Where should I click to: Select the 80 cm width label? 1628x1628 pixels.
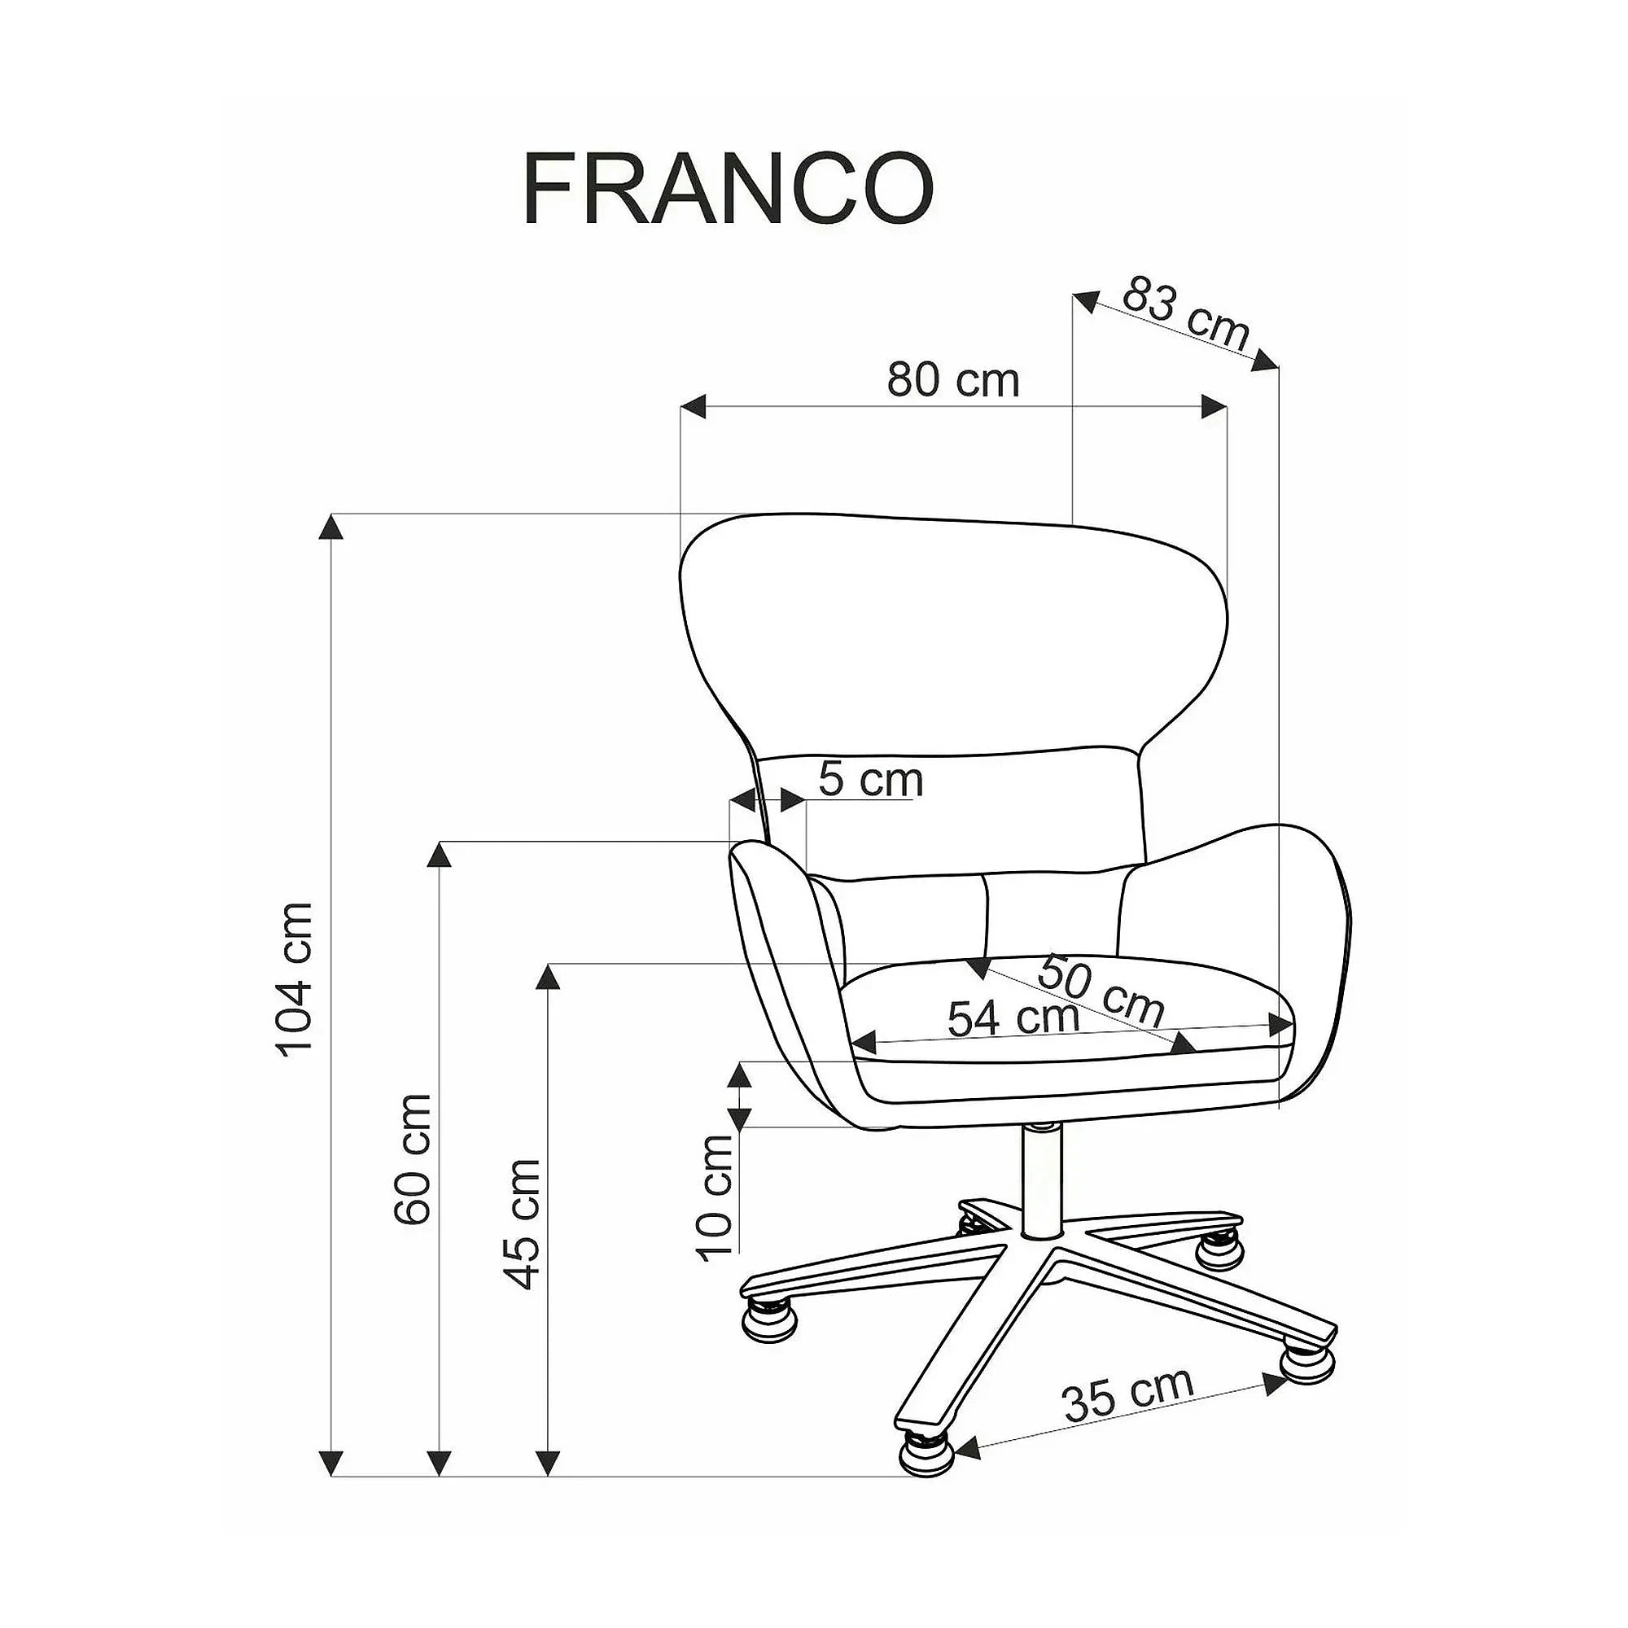[x=953, y=380]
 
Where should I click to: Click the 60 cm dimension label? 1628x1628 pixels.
[x=412, y=1158]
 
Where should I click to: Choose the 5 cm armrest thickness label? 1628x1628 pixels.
[x=871, y=780]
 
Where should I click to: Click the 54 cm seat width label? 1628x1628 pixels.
[x=1013, y=1018]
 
